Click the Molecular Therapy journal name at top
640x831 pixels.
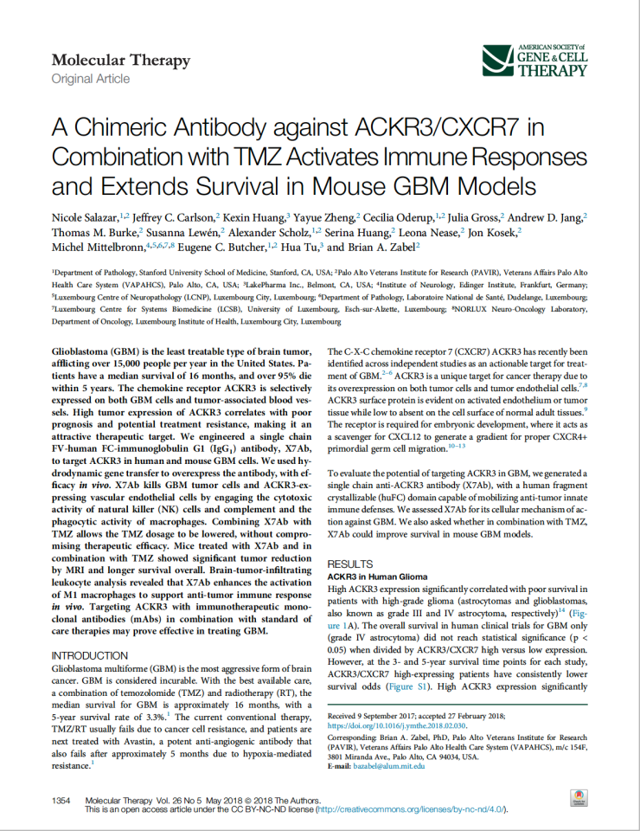[120, 61]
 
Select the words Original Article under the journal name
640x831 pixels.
[91, 79]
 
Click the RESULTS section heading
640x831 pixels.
[348, 538]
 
